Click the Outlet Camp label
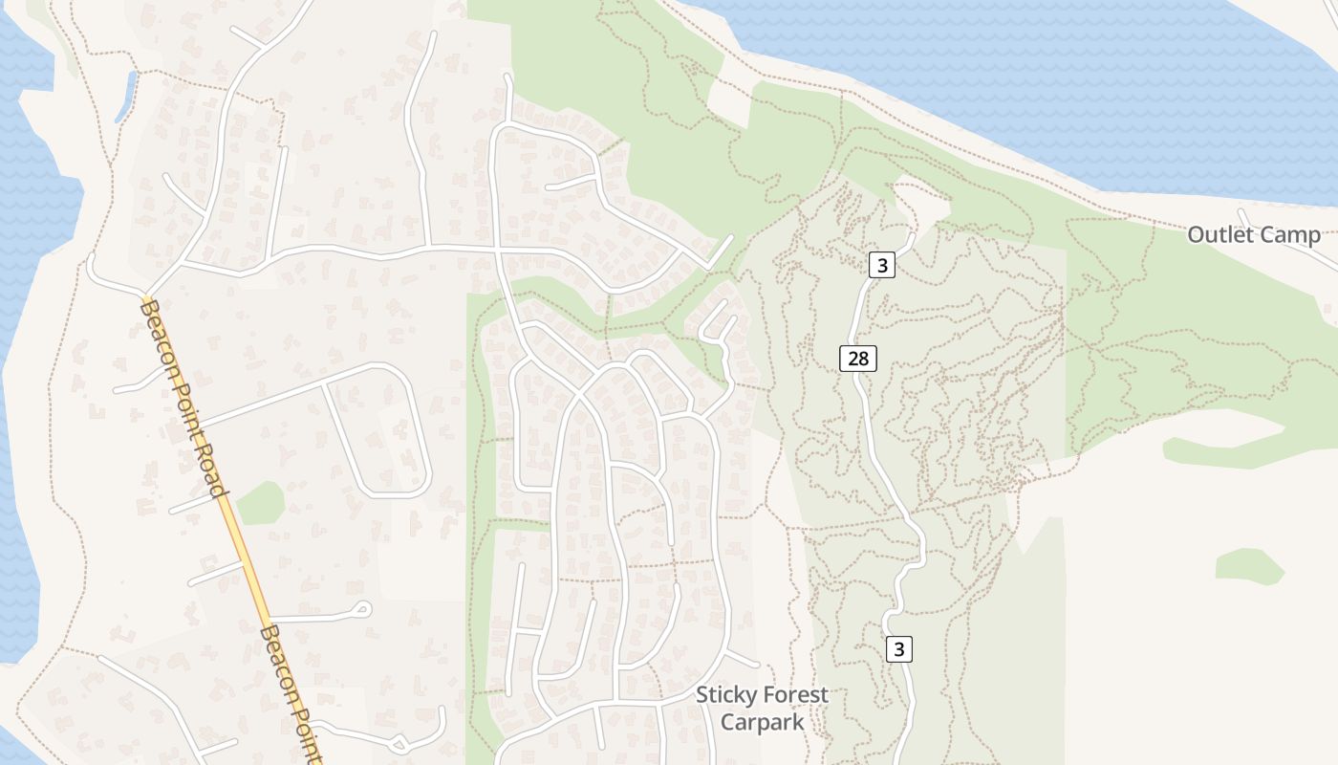1254,234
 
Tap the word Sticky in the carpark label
723,695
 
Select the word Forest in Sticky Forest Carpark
791,695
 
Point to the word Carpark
762,721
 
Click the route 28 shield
858,359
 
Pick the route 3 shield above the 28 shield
882,266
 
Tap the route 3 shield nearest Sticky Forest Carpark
898,649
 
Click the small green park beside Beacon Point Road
261,503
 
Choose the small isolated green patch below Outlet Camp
1250,566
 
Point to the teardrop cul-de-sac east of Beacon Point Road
360,609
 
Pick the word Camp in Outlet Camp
1289,234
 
